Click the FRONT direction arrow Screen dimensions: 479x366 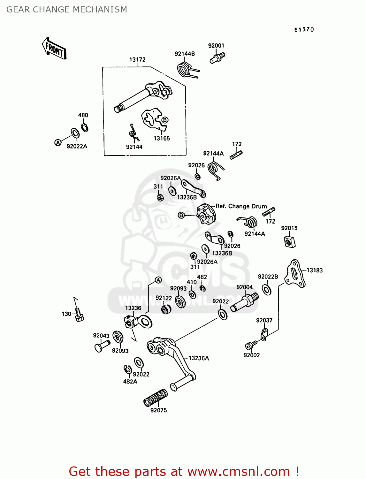click(54, 49)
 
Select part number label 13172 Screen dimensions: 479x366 click(137, 60)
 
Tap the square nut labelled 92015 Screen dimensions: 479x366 click(289, 241)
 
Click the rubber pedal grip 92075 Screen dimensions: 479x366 click(156, 398)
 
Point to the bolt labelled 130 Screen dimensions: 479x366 click(79, 315)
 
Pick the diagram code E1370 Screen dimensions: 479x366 click(304, 30)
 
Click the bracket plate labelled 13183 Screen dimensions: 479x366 click(295, 274)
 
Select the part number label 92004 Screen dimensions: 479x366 click(244, 287)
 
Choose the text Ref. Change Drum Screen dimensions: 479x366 click(241, 206)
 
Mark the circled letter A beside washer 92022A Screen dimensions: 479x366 click(58, 143)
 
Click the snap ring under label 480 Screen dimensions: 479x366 click(84, 127)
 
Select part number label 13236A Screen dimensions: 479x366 click(199, 358)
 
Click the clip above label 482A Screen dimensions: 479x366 click(128, 369)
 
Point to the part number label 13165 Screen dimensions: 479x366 click(162, 139)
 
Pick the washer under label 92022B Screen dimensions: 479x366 click(267, 290)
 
